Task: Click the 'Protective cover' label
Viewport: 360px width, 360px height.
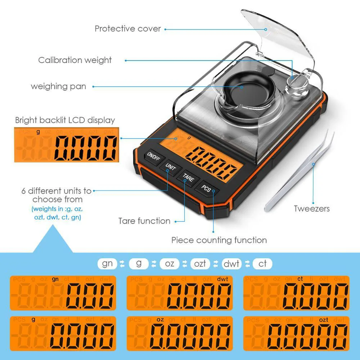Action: [x=128, y=29]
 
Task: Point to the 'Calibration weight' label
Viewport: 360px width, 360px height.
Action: [x=75, y=60]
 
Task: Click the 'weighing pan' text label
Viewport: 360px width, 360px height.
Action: [x=58, y=86]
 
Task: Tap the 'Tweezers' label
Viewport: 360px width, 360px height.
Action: [x=311, y=208]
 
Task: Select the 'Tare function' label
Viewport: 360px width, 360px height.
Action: [x=144, y=221]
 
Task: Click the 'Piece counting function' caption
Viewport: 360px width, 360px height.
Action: [x=219, y=240]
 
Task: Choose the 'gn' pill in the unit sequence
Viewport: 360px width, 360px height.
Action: [x=107, y=264]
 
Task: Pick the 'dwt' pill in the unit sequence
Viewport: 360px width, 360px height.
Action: [x=231, y=264]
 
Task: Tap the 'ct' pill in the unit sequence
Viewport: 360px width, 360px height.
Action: [x=262, y=264]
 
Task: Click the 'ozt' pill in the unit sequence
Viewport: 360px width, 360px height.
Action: [x=200, y=264]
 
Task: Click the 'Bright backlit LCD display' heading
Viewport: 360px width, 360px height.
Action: [x=65, y=120]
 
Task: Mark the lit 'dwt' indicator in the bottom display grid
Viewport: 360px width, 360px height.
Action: [x=222, y=279]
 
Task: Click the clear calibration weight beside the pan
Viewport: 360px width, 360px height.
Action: [x=297, y=86]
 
